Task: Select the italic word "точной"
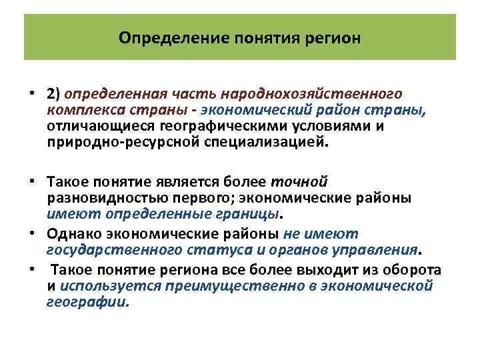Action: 306,181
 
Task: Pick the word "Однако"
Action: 72,234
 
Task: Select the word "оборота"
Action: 413,269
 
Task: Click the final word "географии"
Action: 86,301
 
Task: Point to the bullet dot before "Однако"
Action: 32,234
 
